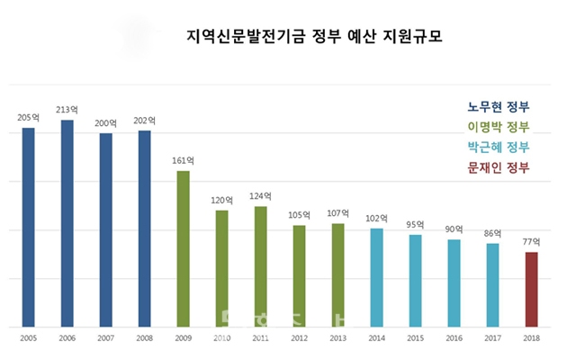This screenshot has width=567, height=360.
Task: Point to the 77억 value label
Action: [531, 242]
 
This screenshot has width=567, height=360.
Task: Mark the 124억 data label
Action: [260, 196]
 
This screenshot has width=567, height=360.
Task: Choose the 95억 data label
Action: [415, 224]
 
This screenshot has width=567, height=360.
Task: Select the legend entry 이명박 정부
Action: [499, 126]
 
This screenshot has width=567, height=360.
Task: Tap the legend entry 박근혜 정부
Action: [499, 147]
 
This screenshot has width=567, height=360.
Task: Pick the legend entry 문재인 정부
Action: [499, 168]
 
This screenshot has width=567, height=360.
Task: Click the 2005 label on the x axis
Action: [29, 339]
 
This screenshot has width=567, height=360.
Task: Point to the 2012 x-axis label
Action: [299, 339]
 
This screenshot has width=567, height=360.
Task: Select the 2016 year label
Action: [454, 339]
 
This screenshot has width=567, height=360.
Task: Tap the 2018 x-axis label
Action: [531, 339]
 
